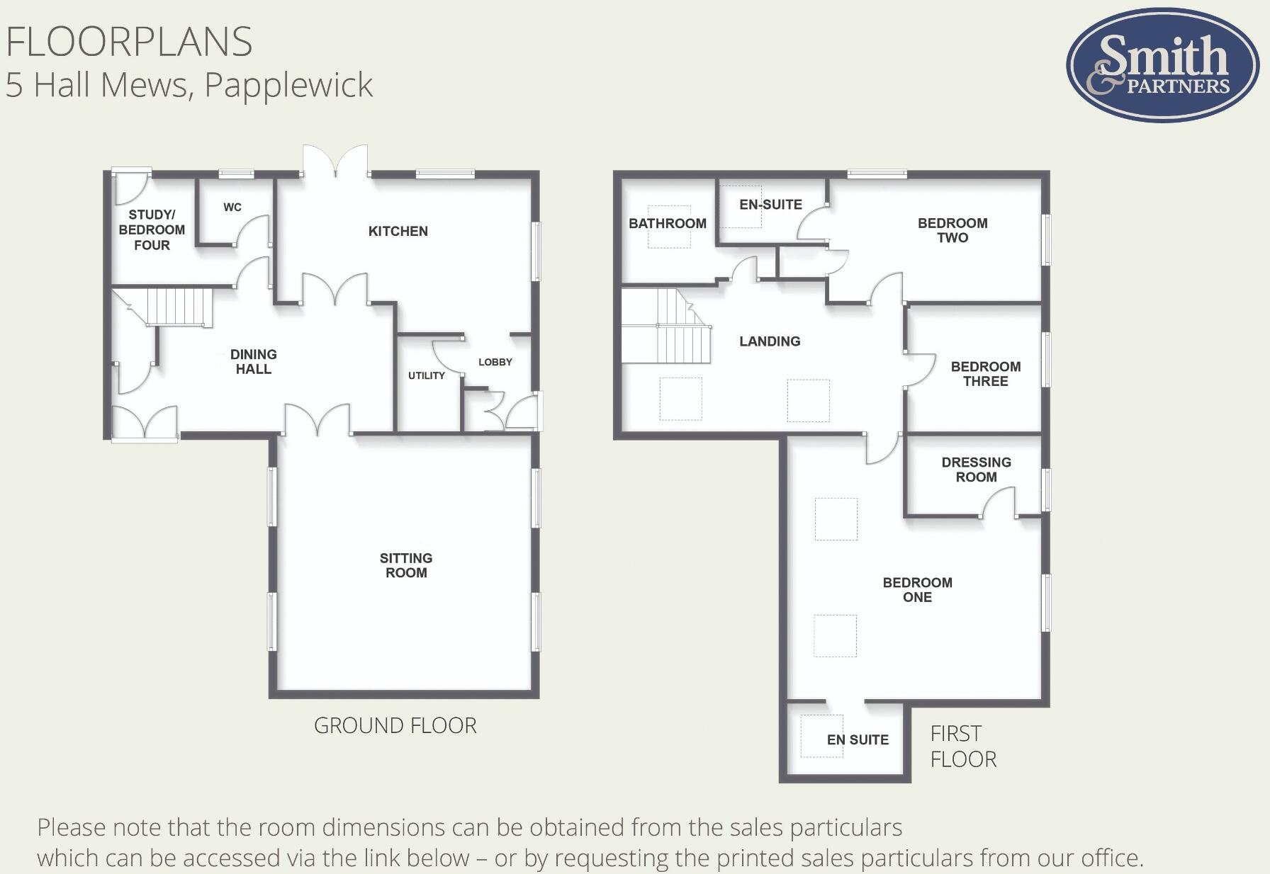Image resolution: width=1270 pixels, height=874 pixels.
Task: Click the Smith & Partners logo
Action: pyautogui.click(x=1162, y=65)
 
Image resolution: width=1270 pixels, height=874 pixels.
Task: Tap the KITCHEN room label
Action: pyautogui.click(x=398, y=231)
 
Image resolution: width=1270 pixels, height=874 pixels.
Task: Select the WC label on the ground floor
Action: pyautogui.click(x=232, y=208)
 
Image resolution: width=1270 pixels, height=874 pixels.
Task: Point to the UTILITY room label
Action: pyautogui.click(x=426, y=375)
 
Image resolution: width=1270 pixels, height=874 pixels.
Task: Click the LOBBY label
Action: pyautogui.click(x=495, y=362)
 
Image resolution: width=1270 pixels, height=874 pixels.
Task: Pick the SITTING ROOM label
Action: pyautogui.click(x=406, y=565)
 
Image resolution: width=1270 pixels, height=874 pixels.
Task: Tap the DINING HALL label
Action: pyautogui.click(x=253, y=361)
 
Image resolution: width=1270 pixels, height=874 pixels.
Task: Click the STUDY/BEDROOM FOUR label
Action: pyautogui.click(x=152, y=229)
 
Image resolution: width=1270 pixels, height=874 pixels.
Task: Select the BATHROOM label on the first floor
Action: pyautogui.click(x=667, y=223)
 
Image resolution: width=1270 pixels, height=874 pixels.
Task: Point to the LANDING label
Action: pyautogui.click(x=770, y=341)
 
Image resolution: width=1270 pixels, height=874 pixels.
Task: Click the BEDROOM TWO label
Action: pyautogui.click(x=952, y=230)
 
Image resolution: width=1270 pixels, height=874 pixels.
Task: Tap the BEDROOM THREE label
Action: pyautogui.click(x=985, y=373)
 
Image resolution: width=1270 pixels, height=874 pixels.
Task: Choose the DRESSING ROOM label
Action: pyautogui.click(x=976, y=469)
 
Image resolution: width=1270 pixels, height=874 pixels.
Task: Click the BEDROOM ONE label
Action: pyautogui.click(x=917, y=589)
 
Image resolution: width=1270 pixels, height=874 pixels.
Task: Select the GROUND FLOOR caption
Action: pyautogui.click(x=395, y=725)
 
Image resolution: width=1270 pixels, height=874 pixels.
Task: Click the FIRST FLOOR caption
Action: pyautogui.click(x=962, y=746)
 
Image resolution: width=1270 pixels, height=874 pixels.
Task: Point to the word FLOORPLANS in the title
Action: pyautogui.click(x=129, y=42)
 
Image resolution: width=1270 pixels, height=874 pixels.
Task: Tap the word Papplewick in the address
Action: pyautogui.click(x=288, y=85)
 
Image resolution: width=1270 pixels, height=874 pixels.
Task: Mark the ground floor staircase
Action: pyautogui.click(x=179, y=307)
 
